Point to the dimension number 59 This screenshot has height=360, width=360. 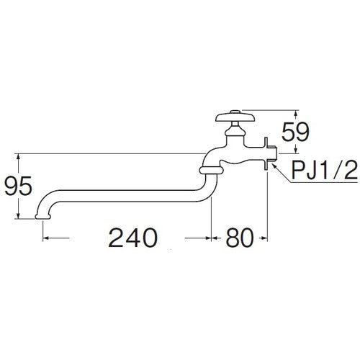[x=315, y=132]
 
